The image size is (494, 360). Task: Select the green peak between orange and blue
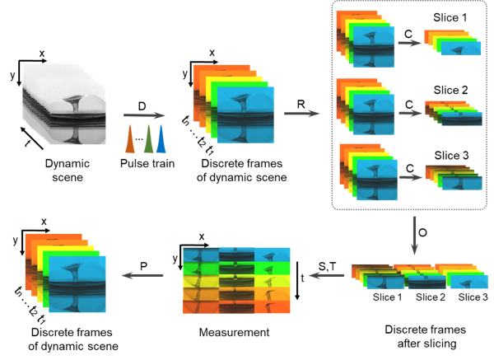(148, 139)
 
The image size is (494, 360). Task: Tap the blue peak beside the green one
(161, 139)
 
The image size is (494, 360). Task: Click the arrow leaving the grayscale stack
(144, 116)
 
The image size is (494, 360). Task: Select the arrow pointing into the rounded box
(302, 113)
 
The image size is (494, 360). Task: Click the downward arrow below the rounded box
(414, 236)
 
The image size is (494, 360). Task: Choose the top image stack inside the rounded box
(366, 41)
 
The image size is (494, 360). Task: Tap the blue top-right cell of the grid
(273, 255)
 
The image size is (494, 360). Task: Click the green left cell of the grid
(200, 268)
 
